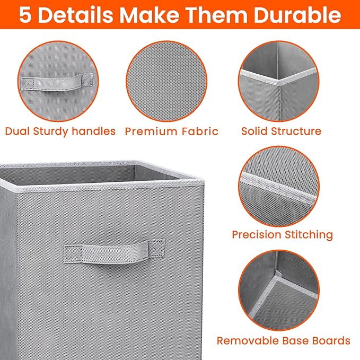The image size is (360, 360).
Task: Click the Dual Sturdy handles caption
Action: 60,131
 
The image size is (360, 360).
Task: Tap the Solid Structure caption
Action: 281,131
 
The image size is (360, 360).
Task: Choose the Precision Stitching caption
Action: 282,234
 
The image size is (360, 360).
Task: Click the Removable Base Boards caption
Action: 283,340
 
